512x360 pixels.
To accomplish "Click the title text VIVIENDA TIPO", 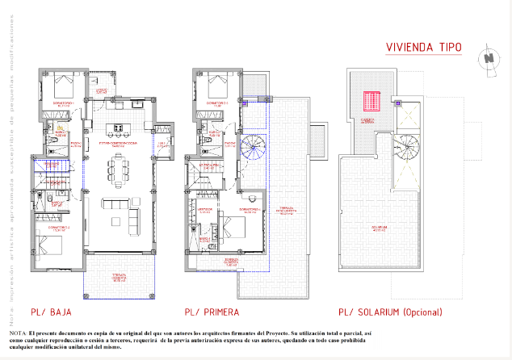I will click(423, 48).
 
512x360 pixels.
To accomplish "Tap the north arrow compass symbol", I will click(488, 58).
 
